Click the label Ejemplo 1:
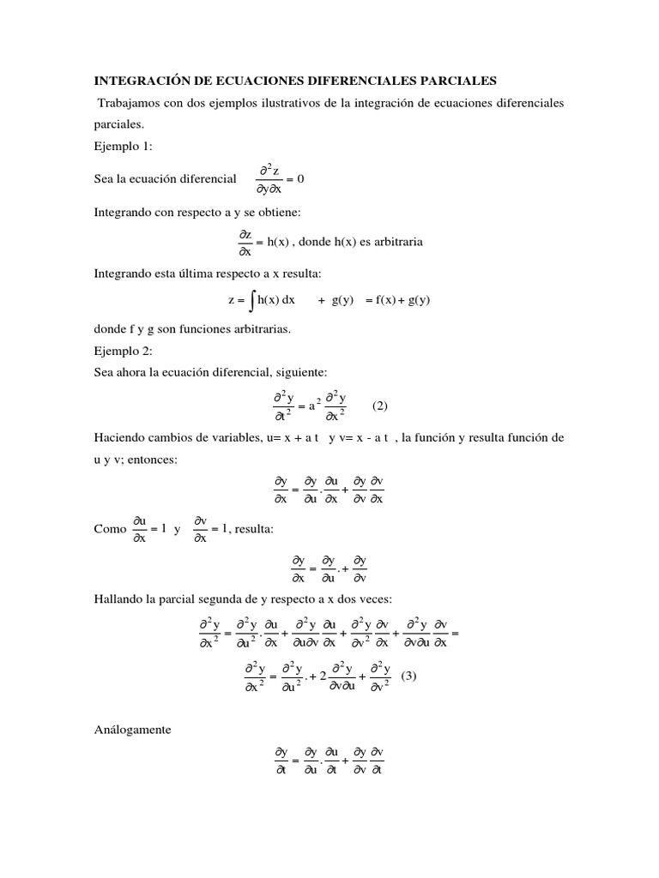pos(123,147)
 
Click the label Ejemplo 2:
pos(123,351)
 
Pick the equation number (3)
pos(408,675)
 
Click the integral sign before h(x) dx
pos(251,300)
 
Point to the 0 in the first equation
pos(300,178)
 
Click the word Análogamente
pos(133,730)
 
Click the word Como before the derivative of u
pos(109,529)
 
